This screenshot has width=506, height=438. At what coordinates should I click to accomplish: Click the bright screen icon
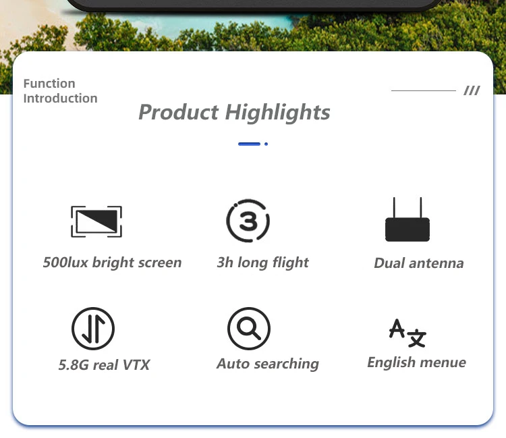coord(96,221)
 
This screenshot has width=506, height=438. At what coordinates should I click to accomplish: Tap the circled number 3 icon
coord(248,221)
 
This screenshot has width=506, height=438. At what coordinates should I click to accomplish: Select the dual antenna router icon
coord(407,219)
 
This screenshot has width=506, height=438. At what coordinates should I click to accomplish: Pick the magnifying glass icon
coord(249,329)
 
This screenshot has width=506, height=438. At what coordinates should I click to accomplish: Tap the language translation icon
coord(407,333)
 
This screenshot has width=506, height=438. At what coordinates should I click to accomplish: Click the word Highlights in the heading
coord(277,112)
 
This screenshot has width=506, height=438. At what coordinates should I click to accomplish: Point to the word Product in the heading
coord(179,112)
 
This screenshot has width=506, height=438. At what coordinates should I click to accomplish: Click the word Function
coord(49,84)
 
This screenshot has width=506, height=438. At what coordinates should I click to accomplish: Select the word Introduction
coord(60,99)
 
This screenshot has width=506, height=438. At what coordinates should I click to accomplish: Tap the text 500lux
coord(65,263)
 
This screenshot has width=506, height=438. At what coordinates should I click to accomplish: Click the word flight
coord(290,263)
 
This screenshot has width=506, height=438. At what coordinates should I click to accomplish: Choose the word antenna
coord(437,263)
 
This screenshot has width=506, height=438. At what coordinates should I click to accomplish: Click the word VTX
coord(136,365)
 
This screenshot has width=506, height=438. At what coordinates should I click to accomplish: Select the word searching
coord(287,364)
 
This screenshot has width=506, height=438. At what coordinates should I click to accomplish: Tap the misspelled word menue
coord(443,362)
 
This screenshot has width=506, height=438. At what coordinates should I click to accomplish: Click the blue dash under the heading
coord(249,144)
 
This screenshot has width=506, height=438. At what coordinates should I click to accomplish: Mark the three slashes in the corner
coord(472,90)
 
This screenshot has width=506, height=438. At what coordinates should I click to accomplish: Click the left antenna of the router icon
coord(394,208)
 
